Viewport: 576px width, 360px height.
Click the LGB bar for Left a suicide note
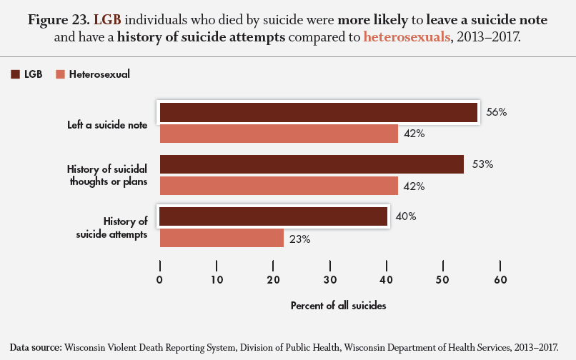pyautogui.click(x=318, y=113)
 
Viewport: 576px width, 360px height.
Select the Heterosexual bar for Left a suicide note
pyautogui.click(x=279, y=134)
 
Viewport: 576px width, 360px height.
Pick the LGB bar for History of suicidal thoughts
pyautogui.click(x=312, y=165)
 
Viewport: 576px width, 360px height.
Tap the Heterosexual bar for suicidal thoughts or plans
pyautogui.click(x=279, y=186)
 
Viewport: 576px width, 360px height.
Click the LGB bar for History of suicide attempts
pyautogui.click(x=273, y=216)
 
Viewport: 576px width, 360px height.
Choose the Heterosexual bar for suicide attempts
pyautogui.click(x=222, y=238)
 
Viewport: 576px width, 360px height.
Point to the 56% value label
pyautogui.click(x=496, y=112)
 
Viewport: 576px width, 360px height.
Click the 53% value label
pyautogui.click(x=483, y=164)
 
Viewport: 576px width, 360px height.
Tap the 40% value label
pyautogui.click(x=406, y=216)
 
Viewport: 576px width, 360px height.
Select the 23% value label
pyautogui.click(x=300, y=239)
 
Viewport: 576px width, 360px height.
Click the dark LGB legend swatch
pyautogui.click(x=15, y=74)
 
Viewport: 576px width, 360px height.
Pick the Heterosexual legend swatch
pyautogui.click(x=60, y=74)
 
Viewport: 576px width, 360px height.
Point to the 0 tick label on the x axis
pyautogui.click(x=160, y=279)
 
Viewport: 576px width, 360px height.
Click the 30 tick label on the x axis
pyautogui.click(x=330, y=279)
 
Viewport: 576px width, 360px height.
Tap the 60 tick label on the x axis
pyautogui.click(x=500, y=279)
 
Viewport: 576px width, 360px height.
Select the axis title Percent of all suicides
pyautogui.click(x=338, y=306)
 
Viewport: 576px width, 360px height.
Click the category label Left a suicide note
pyautogui.click(x=107, y=124)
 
